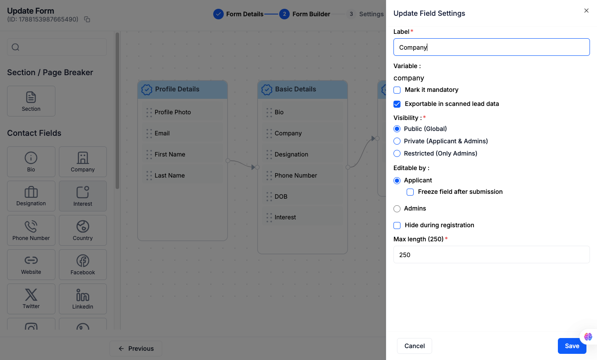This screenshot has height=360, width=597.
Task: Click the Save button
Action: [572, 346]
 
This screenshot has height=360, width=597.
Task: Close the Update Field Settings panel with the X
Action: [586, 11]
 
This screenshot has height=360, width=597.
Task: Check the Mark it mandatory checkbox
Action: [397, 90]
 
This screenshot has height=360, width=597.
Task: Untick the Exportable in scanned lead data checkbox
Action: [397, 104]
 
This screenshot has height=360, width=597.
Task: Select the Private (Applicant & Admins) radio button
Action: [397, 141]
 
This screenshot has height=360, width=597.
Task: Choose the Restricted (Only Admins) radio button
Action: [397, 153]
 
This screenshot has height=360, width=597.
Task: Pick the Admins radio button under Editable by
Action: [397, 209]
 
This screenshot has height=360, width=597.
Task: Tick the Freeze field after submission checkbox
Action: [410, 192]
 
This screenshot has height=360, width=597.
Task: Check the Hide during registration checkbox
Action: [397, 225]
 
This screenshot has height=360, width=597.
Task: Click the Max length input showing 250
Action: [491, 255]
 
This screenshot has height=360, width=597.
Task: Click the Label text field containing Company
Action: [491, 47]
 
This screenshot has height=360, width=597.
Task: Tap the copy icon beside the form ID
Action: [87, 19]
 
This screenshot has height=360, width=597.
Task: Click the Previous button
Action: [136, 349]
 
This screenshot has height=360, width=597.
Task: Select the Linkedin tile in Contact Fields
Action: [83, 299]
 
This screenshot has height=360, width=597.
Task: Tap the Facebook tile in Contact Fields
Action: [83, 265]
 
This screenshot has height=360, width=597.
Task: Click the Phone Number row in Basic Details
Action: [302, 175]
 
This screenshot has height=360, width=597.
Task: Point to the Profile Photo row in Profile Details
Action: [182, 112]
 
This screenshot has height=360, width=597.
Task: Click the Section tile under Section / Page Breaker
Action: [31, 101]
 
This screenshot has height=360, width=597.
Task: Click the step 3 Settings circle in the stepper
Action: [351, 14]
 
